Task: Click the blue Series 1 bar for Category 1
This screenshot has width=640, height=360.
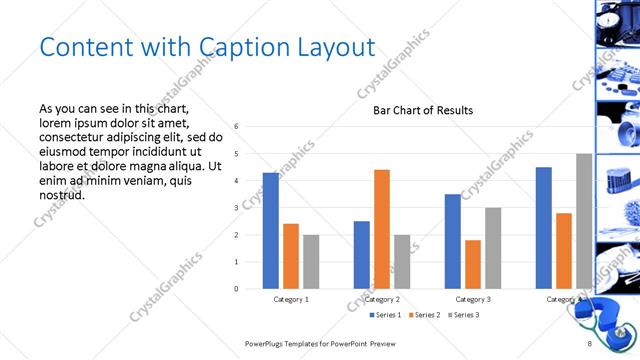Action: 271,231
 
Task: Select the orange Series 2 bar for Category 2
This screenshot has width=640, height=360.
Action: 382,229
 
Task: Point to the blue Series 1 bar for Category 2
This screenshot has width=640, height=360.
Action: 362,255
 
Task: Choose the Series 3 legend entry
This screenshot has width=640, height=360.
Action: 464,315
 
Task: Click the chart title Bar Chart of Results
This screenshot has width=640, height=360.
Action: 423,110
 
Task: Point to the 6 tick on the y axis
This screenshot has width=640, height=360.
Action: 236,127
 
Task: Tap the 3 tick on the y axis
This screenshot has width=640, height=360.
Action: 236,208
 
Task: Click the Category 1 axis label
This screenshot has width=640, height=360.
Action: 291,299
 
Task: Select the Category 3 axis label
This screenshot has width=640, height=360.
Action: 473,299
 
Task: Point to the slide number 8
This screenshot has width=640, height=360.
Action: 590,344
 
